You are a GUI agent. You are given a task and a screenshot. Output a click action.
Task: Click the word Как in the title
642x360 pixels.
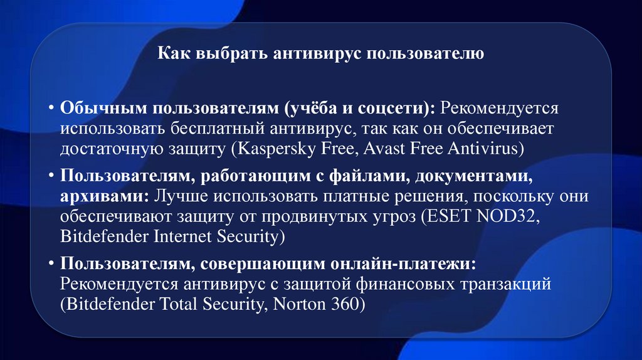(171, 54)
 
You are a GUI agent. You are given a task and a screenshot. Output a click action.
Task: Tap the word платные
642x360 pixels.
(340, 196)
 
